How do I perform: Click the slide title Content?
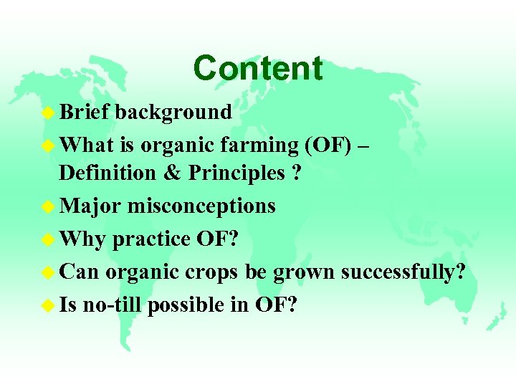pyautogui.click(x=257, y=69)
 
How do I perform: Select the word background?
pyautogui.click(x=173, y=112)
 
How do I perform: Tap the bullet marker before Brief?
pyautogui.click(x=48, y=113)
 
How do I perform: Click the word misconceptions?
pyautogui.click(x=201, y=206)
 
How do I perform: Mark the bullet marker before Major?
pyautogui.click(x=48, y=207)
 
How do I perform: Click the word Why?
pyautogui.click(x=83, y=239)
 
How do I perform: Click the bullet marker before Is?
pyautogui.click(x=48, y=306)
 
